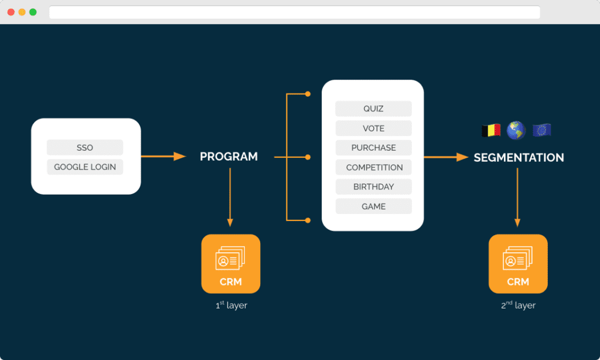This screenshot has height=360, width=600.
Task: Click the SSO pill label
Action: point(85,147)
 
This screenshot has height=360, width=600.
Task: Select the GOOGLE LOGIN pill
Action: point(85,167)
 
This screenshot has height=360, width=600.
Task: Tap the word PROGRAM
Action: point(229,157)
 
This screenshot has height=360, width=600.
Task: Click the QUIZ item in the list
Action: point(373,109)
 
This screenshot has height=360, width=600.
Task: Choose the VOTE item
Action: point(373,128)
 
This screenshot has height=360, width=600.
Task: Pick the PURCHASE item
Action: point(373,148)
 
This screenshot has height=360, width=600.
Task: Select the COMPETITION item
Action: point(373,167)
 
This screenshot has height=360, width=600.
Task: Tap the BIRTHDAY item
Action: point(373,187)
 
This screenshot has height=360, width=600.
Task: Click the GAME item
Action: point(373,206)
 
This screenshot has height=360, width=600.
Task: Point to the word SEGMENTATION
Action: point(519,157)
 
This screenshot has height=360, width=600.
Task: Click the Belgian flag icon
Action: point(491,130)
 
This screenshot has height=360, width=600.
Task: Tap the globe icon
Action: point(516,130)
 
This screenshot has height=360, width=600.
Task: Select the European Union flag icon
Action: point(541,130)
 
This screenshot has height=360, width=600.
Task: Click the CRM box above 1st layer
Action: point(231,264)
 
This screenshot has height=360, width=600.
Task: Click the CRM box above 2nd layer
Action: point(518,264)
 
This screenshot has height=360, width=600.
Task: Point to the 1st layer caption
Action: point(231,305)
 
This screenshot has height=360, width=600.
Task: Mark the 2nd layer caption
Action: point(519,305)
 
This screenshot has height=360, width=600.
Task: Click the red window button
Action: point(11,12)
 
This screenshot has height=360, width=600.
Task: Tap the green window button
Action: point(33,12)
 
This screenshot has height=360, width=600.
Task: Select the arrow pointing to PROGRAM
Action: point(163,157)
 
